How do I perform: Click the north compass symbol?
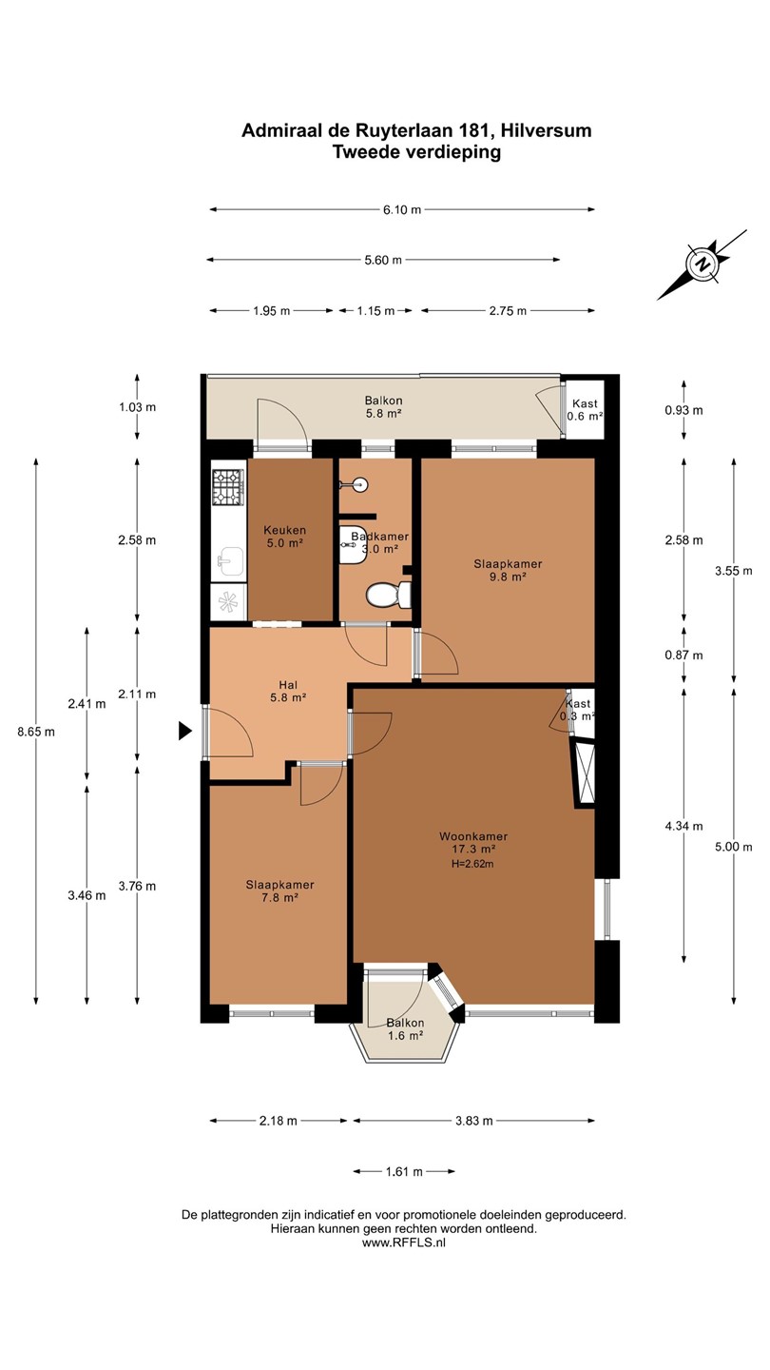pos(703,264)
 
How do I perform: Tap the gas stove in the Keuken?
pos(228,485)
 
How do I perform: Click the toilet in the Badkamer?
pos(388,594)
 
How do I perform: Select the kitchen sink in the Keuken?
pos(228,561)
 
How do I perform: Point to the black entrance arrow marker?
pos(185,731)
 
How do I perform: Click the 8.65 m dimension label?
pos(36,732)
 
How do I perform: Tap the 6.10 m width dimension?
pos(402,209)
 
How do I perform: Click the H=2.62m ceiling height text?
pos(472,864)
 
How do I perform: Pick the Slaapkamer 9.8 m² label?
pos(508,570)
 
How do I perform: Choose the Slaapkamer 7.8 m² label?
pos(279,891)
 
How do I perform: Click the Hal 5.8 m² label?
pos(288,691)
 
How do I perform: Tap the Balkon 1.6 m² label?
pos(405,1028)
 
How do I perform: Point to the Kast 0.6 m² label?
pos(585,410)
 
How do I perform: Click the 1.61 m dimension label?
pos(404,1172)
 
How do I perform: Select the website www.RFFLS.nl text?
pos(404,1243)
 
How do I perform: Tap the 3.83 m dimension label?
pos(473,1121)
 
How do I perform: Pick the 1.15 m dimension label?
pos(375,311)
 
